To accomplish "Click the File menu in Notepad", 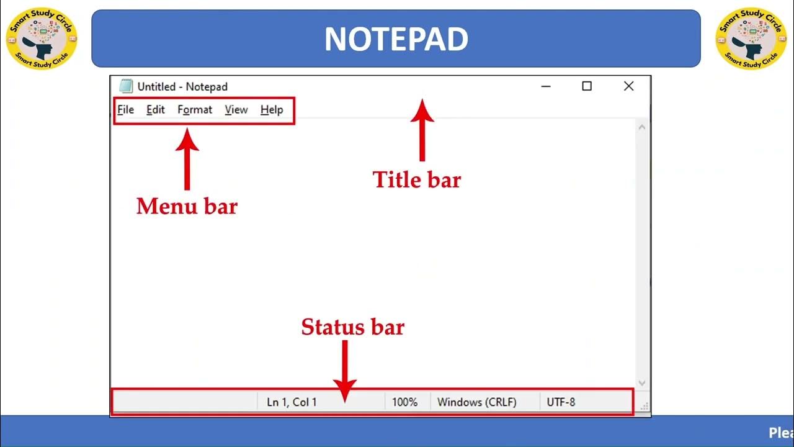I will click(126, 110).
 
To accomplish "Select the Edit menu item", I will click(156, 110).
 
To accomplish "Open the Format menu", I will click(195, 110).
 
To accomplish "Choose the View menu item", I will click(236, 110).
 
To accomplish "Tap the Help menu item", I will click(272, 110).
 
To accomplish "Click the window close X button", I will click(628, 86).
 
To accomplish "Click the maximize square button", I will click(587, 86).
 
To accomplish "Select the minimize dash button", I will click(546, 86).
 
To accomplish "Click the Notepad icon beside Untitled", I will click(126, 86).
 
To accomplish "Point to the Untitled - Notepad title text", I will click(182, 87).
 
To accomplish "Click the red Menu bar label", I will click(187, 206).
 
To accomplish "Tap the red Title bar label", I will click(417, 180).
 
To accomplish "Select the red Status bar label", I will click(352, 327).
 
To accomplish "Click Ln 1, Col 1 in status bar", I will click(292, 402).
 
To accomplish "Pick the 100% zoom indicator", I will click(404, 402).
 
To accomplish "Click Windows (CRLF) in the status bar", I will click(476, 402).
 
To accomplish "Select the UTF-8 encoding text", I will click(561, 402).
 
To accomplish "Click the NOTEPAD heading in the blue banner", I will click(396, 39).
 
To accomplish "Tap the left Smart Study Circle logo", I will click(42, 38).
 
